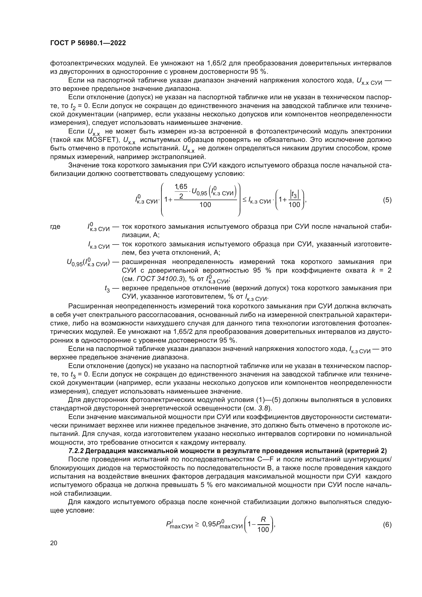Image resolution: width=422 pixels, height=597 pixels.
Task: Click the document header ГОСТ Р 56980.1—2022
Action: point(88,43)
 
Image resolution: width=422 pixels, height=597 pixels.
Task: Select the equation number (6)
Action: point(387,525)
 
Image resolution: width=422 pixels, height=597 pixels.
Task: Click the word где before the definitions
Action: point(55,226)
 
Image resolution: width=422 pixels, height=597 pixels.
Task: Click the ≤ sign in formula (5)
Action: point(244,200)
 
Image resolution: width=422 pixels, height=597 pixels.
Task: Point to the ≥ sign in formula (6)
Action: point(197,525)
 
